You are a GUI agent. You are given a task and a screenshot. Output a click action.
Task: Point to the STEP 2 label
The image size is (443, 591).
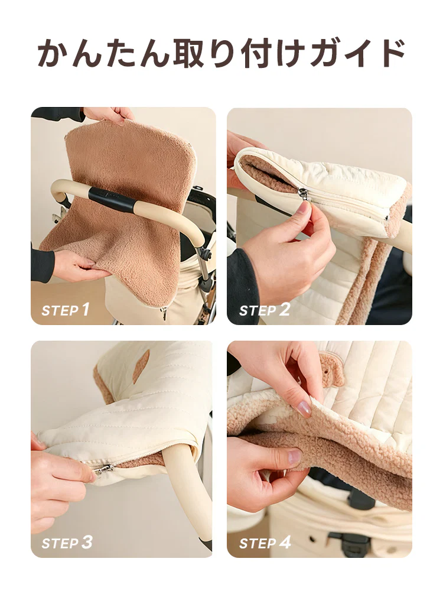pyautogui.click(x=264, y=310)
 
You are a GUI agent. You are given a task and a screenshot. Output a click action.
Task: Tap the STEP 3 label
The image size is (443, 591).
pyautogui.click(x=67, y=543)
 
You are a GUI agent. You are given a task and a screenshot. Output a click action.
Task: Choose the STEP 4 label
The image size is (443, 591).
pyautogui.click(x=265, y=543)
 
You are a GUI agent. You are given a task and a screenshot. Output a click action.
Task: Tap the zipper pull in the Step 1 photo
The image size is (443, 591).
pyautogui.click(x=164, y=311)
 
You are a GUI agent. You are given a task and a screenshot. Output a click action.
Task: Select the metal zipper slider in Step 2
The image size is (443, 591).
pyautogui.click(x=304, y=194)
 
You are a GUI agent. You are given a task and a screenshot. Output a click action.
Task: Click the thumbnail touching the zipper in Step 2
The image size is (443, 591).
pyautogui.click(x=305, y=206)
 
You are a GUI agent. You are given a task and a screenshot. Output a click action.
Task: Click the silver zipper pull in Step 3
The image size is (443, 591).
pyautogui.click(x=103, y=469)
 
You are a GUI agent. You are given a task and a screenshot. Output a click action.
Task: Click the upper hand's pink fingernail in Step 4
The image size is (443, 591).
pyautogui.click(x=305, y=407)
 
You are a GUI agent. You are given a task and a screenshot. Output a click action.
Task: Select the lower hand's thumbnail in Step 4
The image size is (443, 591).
pyautogui.click(x=295, y=456)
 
